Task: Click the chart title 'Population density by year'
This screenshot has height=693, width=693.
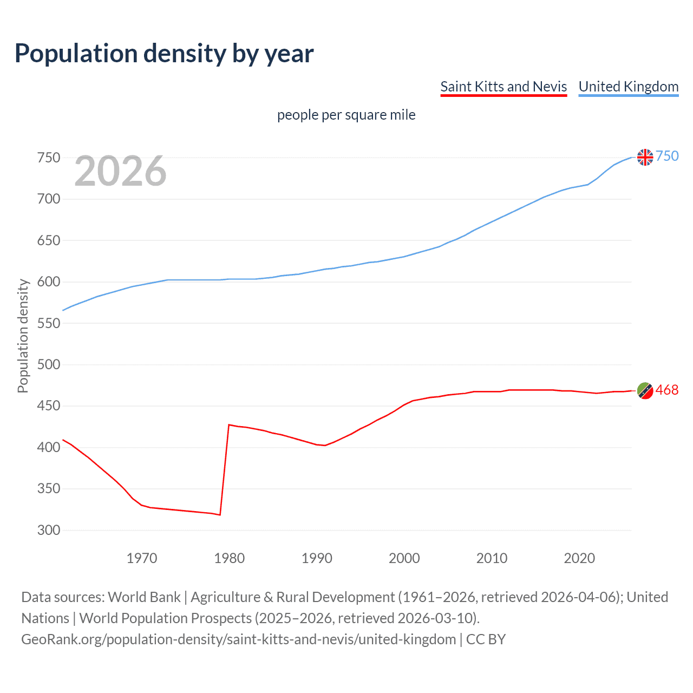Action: click(164, 53)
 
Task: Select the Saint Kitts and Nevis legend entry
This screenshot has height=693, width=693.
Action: click(504, 87)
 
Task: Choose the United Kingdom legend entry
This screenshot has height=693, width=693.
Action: click(628, 87)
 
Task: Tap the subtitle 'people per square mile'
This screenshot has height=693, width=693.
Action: click(346, 115)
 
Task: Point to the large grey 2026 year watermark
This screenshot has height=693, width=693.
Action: click(120, 171)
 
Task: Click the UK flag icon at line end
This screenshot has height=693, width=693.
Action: click(645, 157)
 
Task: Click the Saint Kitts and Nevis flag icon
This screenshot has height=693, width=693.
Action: click(645, 390)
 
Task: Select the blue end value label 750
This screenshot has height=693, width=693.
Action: click(667, 156)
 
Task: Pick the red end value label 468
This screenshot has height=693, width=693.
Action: click(667, 390)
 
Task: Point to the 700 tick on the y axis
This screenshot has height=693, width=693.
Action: click(49, 199)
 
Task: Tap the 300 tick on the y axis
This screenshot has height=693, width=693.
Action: click(49, 530)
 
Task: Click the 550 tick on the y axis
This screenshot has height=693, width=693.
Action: click(49, 323)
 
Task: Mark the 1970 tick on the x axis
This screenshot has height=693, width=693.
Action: click(142, 558)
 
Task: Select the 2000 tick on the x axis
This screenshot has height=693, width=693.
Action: click(404, 558)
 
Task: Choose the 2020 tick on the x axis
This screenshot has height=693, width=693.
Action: click(579, 558)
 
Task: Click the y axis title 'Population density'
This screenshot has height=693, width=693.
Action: click(23, 336)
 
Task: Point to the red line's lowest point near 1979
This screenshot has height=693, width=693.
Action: click(220, 514)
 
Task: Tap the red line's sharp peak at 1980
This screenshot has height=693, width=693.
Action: click(229, 425)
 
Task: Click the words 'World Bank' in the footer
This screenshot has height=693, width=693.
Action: click(144, 597)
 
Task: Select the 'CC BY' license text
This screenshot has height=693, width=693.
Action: click(486, 639)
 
